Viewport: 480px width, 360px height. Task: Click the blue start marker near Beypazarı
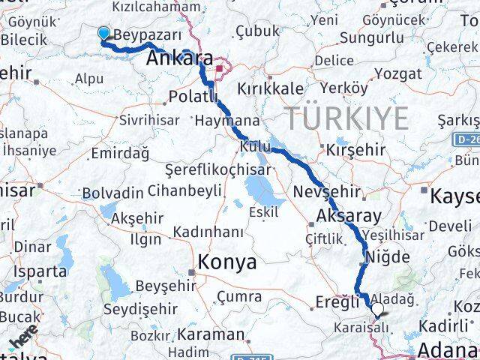pos(103,32)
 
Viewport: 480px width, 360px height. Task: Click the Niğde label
pos(386,256)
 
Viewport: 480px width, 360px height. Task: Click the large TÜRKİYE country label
pos(346,118)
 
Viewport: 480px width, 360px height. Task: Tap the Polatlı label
pos(193,96)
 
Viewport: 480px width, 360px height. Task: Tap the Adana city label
pos(448,350)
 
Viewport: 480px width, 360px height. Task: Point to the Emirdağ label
pos(119,153)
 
